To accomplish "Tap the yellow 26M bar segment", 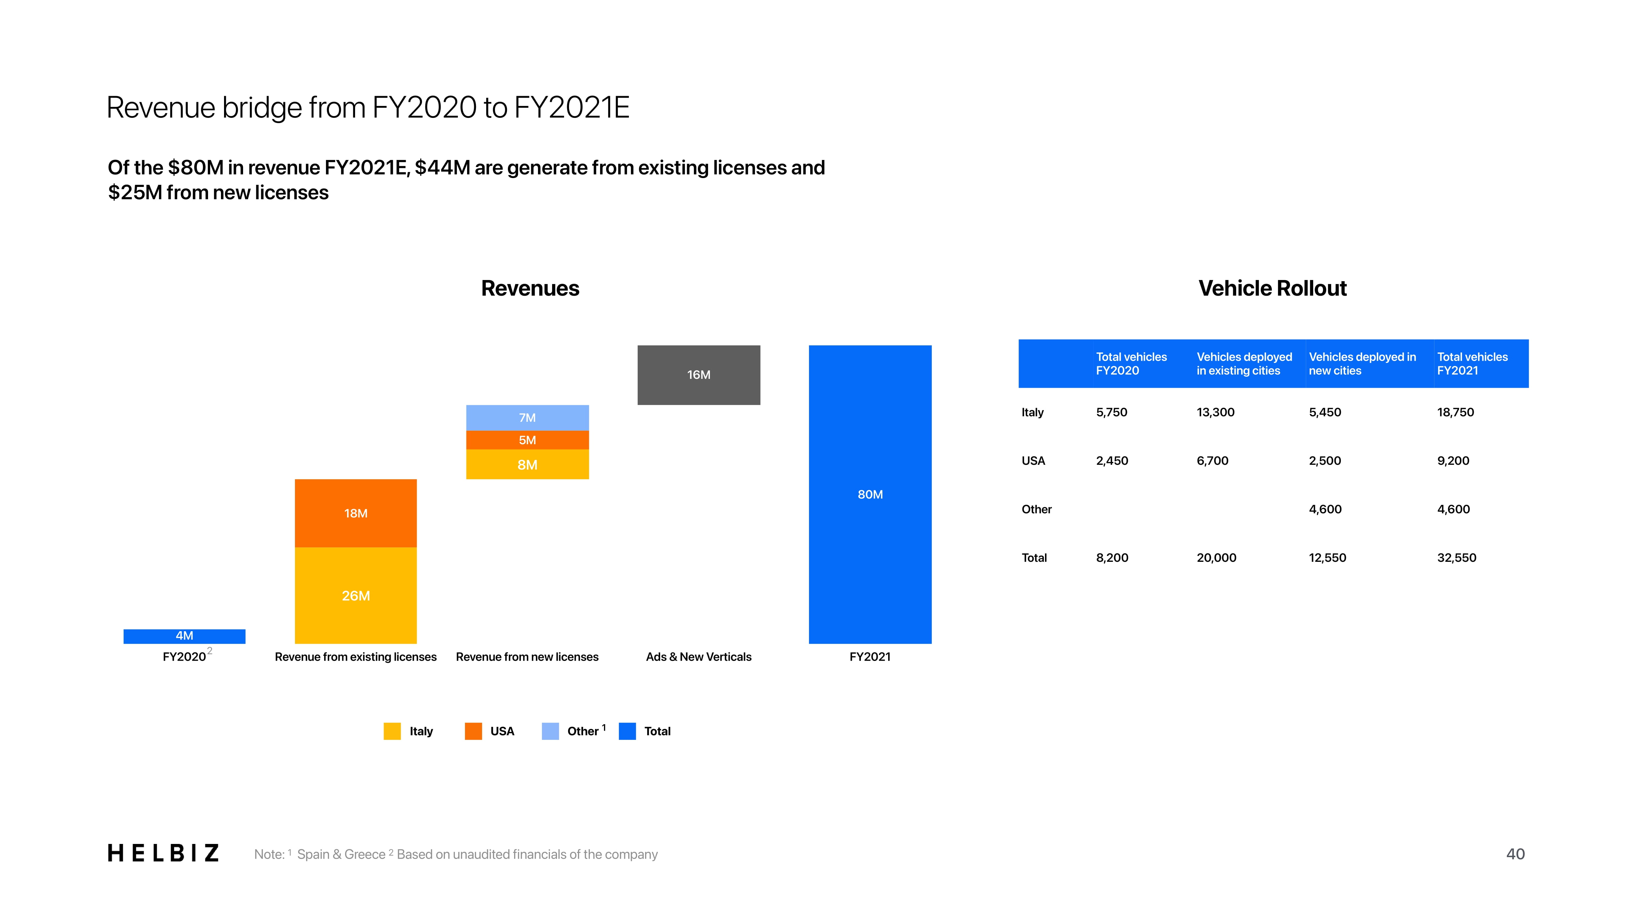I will click(356, 596).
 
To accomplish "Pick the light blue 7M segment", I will click(528, 418).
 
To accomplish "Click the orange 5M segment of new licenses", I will click(528, 440).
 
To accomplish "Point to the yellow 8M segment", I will click(528, 464).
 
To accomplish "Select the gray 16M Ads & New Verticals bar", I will click(699, 375).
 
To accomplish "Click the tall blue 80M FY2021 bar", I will click(870, 495).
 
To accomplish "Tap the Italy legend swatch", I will click(392, 731).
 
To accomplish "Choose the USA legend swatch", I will click(474, 731).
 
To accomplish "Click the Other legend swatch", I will click(550, 731).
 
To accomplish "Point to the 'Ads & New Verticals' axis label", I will click(699, 657).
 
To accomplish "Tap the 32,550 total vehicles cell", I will click(1457, 558).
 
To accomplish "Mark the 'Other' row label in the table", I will click(1036, 509).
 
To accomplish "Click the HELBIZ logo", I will click(163, 853).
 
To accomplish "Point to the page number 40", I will click(1515, 854).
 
